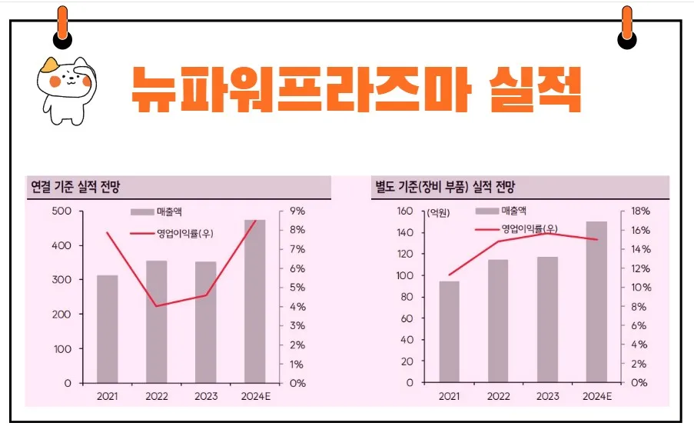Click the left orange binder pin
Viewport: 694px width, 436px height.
(x=62, y=26)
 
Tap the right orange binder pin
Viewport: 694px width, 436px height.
(x=627, y=26)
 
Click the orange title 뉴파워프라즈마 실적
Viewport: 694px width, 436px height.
(x=355, y=89)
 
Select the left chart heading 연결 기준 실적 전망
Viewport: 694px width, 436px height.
(x=75, y=187)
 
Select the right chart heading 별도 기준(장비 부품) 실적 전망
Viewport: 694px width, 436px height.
(x=444, y=187)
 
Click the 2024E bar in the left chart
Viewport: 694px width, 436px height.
(x=254, y=301)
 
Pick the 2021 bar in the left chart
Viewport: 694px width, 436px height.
(x=108, y=328)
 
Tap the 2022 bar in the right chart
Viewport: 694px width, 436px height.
(x=498, y=321)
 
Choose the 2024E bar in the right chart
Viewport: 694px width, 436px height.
(x=596, y=301)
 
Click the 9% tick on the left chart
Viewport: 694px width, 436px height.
(x=297, y=211)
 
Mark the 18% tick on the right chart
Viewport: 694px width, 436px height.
(x=641, y=211)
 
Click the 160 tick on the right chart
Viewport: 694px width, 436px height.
(x=404, y=211)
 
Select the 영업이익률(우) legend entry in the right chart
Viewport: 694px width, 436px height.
(x=516, y=228)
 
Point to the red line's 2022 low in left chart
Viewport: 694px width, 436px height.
(x=157, y=306)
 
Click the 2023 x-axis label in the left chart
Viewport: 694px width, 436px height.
(x=205, y=396)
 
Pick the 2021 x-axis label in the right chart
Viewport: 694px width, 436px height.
(x=450, y=396)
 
